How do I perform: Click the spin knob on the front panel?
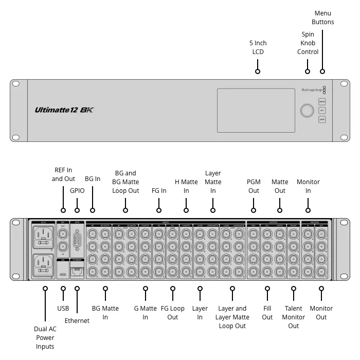[x=307, y=111]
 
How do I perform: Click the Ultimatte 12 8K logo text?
[x=64, y=110]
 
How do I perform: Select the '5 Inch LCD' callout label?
[x=258, y=47]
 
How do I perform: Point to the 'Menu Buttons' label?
[x=322, y=17]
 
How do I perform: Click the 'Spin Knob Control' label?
[x=308, y=43]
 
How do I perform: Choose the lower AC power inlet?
[x=44, y=265]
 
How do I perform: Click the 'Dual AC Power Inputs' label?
[x=45, y=337]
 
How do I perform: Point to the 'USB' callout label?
[x=63, y=309]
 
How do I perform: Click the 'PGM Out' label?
[x=254, y=186]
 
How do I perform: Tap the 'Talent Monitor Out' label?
[x=294, y=317]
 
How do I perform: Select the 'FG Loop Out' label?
[x=172, y=313]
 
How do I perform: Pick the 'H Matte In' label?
[x=186, y=186]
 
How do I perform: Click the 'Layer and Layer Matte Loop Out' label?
[x=232, y=317]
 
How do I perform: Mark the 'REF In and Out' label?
[x=63, y=174]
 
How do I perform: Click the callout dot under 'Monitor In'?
[x=308, y=210]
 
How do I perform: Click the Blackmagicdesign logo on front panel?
[x=311, y=89]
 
